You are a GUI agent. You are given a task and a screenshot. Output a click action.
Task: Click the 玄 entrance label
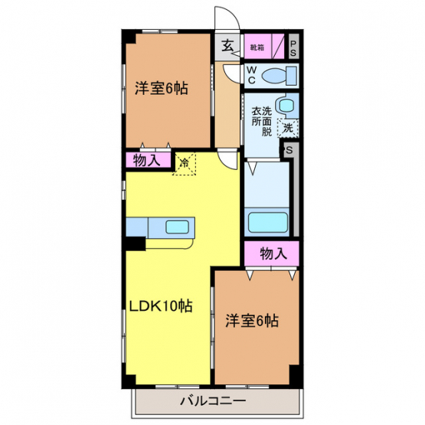[x=227, y=45]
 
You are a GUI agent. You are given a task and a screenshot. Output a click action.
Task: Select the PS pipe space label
[x=293, y=48]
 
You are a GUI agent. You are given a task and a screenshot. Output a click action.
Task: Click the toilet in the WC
[x=280, y=76]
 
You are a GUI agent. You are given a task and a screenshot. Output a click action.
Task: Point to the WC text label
[x=251, y=75]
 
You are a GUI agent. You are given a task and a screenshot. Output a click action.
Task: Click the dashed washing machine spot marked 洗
[x=288, y=128]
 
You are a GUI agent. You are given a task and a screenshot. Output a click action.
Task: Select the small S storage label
[x=289, y=150]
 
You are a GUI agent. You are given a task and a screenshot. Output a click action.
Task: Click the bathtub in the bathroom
[x=268, y=222]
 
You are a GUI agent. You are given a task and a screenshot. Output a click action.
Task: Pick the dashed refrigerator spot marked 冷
[x=185, y=164]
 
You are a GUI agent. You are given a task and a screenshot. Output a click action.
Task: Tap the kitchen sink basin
[x=177, y=227]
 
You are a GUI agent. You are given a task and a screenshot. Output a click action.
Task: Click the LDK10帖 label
[x=161, y=306]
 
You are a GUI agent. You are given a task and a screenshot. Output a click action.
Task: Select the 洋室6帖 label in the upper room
[x=162, y=88]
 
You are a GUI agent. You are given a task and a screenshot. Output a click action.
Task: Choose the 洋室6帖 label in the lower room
[x=252, y=321]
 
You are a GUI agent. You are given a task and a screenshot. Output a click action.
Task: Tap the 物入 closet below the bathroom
[x=272, y=253]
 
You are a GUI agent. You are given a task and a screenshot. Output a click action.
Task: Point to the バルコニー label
[x=213, y=400]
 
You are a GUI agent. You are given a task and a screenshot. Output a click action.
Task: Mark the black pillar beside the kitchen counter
[x=136, y=243]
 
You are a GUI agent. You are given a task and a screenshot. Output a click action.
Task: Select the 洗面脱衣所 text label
[x=262, y=122]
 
